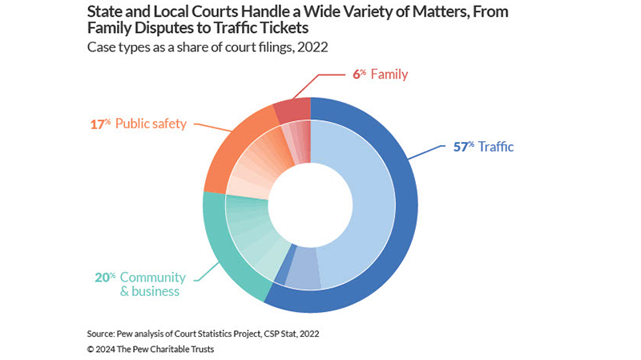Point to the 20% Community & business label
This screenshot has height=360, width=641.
coord(142,284)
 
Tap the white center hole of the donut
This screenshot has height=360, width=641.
coord(310,204)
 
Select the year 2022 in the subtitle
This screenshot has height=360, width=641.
coord(316,47)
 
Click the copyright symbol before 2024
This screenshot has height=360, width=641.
coord(91,349)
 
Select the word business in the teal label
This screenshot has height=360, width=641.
coord(156,291)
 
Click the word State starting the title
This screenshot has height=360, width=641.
coord(105,11)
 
